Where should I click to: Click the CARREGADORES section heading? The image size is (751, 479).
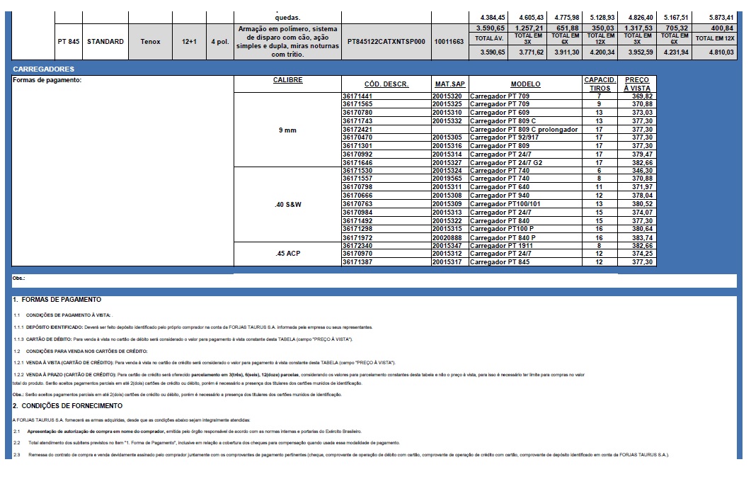click(x=43, y=69)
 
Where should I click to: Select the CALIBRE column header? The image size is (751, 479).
click(x=287, y=80)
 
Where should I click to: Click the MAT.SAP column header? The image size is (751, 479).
click(x=449, y=84)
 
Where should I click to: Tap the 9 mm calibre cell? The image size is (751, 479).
click(x=287, y=130)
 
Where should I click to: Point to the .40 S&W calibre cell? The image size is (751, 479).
click(x=287, y=204)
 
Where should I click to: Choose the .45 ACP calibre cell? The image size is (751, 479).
click(x=287, y=254)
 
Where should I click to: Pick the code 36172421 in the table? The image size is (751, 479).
click(x=357, y=130)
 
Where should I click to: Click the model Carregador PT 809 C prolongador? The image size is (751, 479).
click(x=524, y=130)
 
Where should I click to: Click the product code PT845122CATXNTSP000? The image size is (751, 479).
click(x=386, y=42)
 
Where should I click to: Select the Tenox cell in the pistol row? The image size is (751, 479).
click(x=150, y=42)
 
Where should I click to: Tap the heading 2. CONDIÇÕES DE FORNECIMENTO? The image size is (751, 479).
click(x=67, y=405)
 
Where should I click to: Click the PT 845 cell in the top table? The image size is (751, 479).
click(x=68, y=42)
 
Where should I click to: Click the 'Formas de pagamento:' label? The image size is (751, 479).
click(x=48, y=80)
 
